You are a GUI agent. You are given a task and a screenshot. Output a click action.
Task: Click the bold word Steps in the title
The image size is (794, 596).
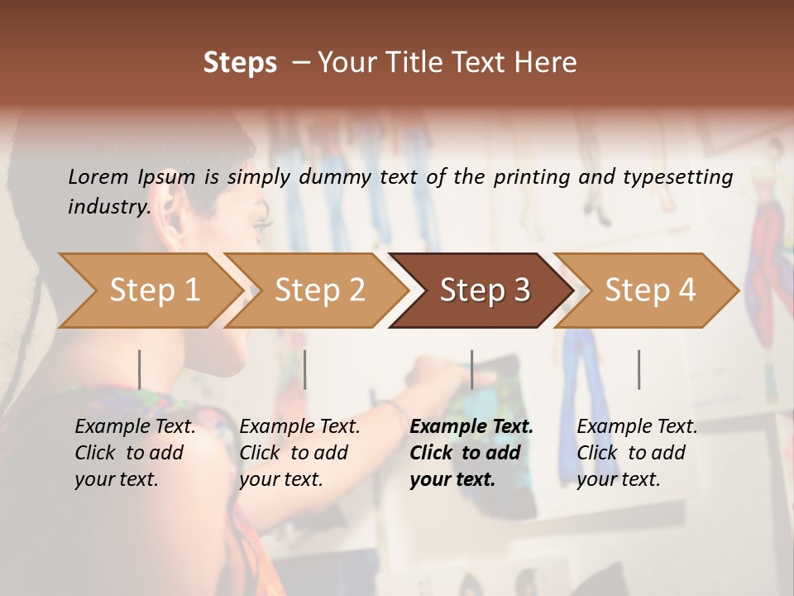click(x=240, y=63)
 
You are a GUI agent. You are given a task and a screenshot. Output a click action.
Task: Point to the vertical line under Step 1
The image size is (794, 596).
click(x=139, y=369)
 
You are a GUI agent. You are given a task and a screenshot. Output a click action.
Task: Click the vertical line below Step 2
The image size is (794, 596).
click(x=305, y=369)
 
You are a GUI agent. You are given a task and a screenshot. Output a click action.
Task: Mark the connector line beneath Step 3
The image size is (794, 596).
click(x=472, y=369)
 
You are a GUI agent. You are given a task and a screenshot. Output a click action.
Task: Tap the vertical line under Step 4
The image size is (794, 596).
click(x=639, y=369)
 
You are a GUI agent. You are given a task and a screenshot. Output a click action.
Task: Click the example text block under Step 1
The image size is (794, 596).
click(x=135, y=453)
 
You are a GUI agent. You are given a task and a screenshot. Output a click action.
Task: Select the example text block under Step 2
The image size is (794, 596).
click(x=299, y=453)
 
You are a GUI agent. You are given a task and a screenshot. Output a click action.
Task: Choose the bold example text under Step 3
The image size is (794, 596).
click(x=471, y=453)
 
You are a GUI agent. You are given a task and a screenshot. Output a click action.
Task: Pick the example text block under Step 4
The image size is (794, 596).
click(x=637, y=453)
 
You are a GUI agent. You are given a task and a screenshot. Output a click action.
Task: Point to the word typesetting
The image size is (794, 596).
click(x=683, y=176)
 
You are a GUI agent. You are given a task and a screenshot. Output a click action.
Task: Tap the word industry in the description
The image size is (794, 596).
click(x=108, y=206)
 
